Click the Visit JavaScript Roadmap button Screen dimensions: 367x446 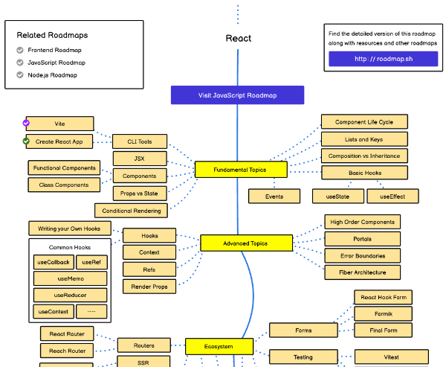tap(237, 95)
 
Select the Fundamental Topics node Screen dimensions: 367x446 tap(240, 170)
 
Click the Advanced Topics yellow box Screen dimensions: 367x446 tap(245, 243)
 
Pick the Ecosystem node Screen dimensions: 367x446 tap(219, 346)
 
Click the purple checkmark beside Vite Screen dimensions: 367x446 tap(27, 124)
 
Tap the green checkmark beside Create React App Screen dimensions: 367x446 tap(27, 141)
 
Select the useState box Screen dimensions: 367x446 tap(338, 197)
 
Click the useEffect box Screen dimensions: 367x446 tap(392, 197)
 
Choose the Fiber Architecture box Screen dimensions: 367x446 tap(363, 272)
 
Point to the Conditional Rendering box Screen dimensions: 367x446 tap(131, 211)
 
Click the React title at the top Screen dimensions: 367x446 tap(238, 38)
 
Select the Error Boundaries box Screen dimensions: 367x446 tap(363, 255)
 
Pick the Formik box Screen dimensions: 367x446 tap(383, 313)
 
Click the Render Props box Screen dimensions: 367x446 tap(149, 286)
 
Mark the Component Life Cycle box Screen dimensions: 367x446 tap(364, 121)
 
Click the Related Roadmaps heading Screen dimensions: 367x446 tap(52, 35)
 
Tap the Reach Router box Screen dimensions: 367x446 tap(67, 351)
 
